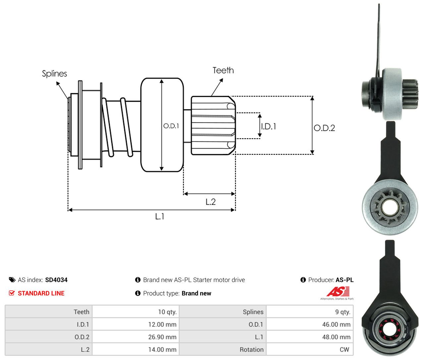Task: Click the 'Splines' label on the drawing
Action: [x=54, y=74]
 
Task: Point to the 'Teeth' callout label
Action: [x=223, y=71]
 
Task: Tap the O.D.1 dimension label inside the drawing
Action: [x=171, y=126]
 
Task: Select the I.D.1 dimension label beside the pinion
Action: [x=269, y=127]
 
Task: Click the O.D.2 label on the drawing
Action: [x=324, y=128]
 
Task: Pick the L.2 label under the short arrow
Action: [x=211, y=202]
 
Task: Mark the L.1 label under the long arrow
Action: [x=160, y=216]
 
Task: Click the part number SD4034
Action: [x=56, y=280]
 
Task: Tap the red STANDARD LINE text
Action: [x=41, y=293]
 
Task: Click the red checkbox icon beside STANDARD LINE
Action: [x=12, y=293]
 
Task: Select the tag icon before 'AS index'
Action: [x=12, y=280]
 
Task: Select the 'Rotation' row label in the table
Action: [x=252, y=350]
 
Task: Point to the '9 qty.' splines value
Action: [x=343, y=312]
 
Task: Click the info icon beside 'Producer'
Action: [x=303, y=280]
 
